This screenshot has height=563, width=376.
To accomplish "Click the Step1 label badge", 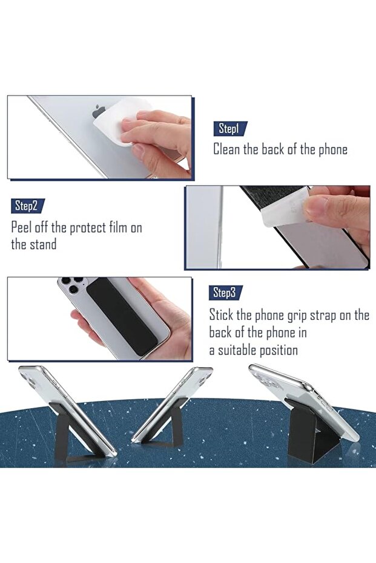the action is point(230,129).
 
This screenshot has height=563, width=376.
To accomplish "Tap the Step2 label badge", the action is point(28,206).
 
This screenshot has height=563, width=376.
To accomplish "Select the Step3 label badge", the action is point(226,293).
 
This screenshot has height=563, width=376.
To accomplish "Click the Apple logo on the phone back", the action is point(99,111).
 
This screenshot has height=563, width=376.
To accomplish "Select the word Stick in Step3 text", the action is point(221,315).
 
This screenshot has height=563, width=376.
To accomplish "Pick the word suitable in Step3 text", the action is point(237,350).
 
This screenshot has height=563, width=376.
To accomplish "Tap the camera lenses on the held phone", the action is point(72,284).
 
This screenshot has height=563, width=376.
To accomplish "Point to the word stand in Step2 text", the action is point(43,244).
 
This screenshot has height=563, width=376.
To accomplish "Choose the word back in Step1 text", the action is point(273,149).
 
